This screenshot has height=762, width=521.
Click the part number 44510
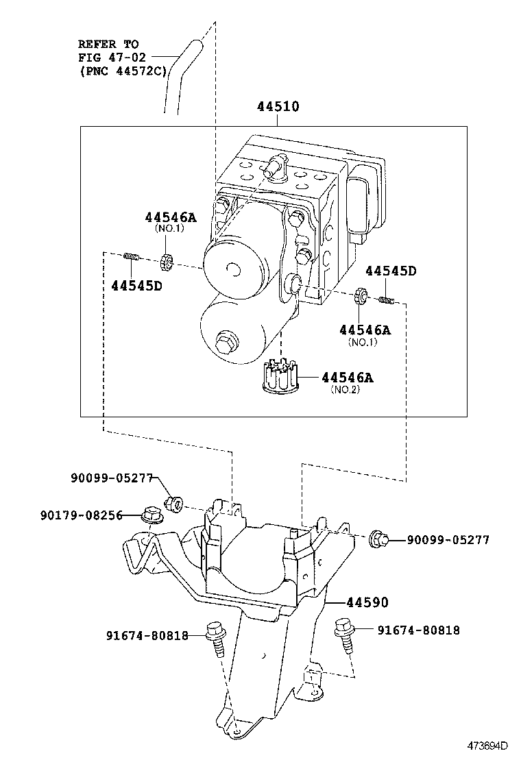[278, 107]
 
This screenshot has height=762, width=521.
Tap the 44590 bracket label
[367, 602]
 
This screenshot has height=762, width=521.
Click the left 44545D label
[136, 285]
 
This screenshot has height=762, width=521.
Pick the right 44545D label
[390, 271]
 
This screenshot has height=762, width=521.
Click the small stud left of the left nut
[132, 258]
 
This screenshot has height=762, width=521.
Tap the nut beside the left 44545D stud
[165, 261]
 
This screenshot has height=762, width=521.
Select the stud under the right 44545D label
[386, 299]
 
